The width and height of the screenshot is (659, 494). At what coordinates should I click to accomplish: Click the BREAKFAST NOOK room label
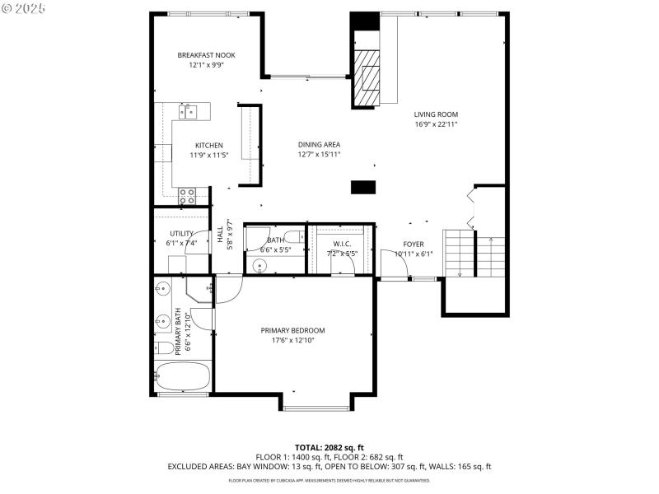200,55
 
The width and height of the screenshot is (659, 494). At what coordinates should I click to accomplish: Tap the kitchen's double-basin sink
189,110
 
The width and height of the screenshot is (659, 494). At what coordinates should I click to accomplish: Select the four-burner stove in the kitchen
187,196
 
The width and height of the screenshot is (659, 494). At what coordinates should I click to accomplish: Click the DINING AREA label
319,145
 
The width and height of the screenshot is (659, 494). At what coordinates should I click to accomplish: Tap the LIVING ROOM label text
436,114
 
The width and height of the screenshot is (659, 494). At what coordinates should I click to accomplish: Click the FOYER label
413,245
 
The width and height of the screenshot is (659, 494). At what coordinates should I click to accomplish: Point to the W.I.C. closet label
342,244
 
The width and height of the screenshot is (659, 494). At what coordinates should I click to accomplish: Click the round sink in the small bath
259,265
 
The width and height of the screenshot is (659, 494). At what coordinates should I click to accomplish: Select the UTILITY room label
181,234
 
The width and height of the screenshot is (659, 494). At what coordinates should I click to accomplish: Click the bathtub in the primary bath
183,376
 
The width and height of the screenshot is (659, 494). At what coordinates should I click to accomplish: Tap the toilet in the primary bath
163,347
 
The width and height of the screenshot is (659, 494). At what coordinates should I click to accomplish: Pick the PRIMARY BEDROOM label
292,330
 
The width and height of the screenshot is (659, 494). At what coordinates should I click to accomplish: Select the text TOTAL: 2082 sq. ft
329,446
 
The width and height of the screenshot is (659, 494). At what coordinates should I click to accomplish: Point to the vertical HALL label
221,235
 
